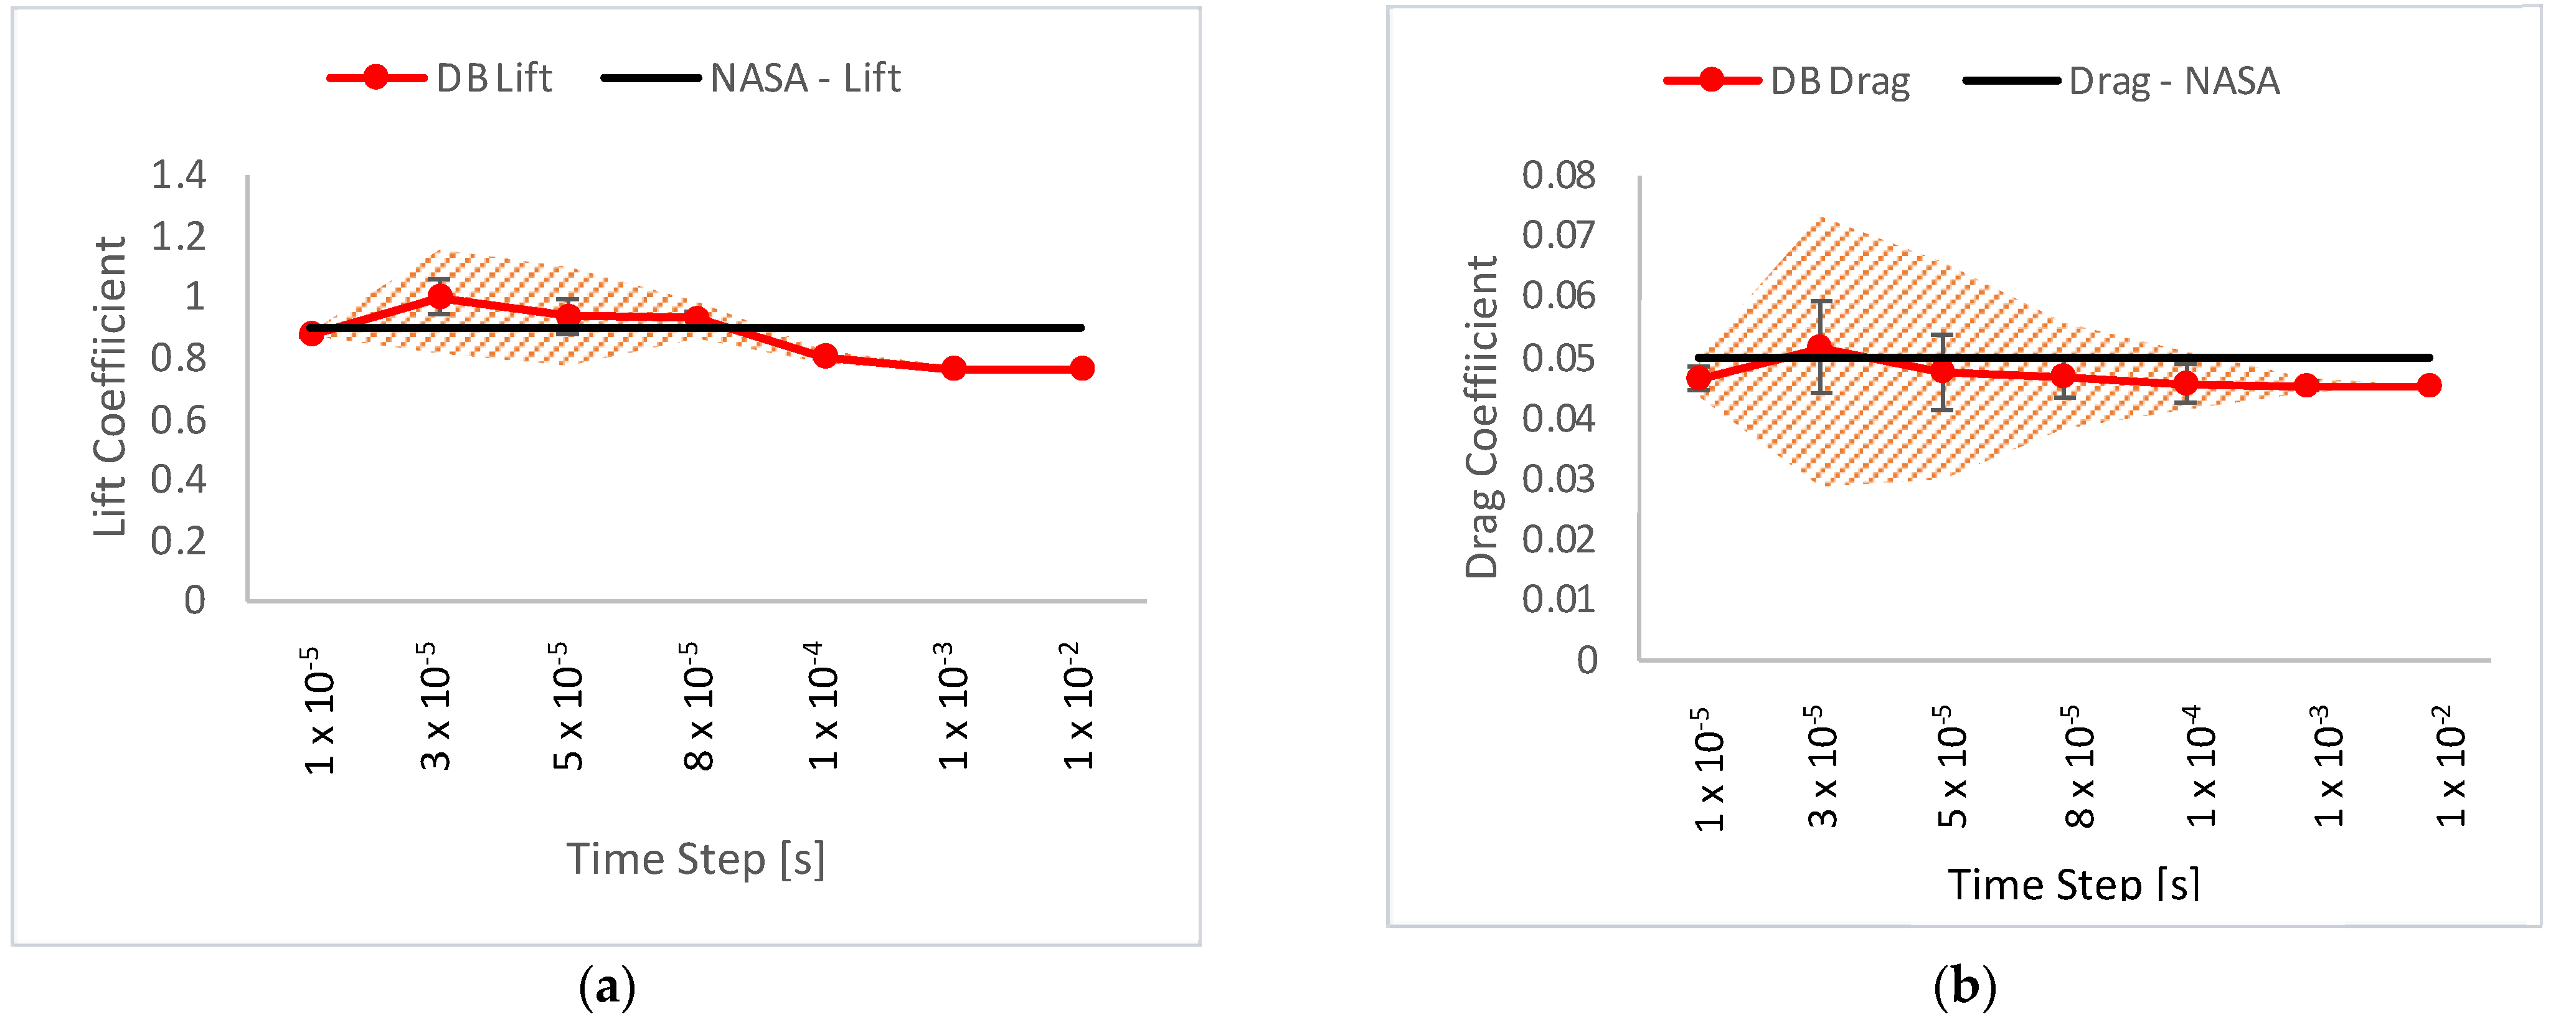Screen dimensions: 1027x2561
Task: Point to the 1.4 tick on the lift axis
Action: (x=178, y=175)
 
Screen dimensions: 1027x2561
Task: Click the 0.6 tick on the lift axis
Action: (x=178, y=420)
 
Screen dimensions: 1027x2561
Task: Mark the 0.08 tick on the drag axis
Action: (x=1558, y=175)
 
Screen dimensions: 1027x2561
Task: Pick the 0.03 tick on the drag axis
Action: (x=1558, y=479)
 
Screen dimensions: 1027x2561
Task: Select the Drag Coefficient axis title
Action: (x=1481, y=417)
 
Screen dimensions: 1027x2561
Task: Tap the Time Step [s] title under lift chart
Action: (x=696, y=859)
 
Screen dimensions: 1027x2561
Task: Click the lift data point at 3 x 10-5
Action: (x=440, y=296)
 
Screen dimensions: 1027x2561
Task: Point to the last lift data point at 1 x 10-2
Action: (x=1082, y=369)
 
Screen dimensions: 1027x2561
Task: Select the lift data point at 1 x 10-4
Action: (x=824, y=356)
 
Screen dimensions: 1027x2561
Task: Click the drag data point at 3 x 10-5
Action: (x=1820, y=347)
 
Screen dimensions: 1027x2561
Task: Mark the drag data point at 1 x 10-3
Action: (x=2308, y=385)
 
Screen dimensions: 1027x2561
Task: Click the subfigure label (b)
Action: (x=1964, y=987)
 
